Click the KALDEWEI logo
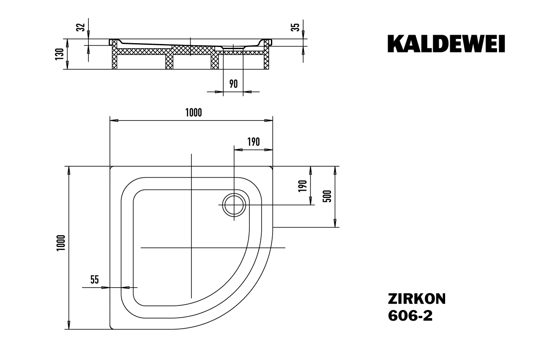tap(446, 44)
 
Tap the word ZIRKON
tap(416, 299)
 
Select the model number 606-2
tap(410, 316)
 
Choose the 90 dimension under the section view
tap(233, 84)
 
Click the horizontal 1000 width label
tap(193, 113)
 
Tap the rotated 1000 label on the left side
tap(60, 243)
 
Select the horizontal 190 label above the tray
tap(253, 142)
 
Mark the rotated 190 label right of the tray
tap(302, 186)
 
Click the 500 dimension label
tap(327, 196)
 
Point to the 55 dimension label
tap(94, 279)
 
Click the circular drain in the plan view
tap(234, 205)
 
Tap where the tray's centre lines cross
tap(191, 247)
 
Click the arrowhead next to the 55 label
tap(106, 287)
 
